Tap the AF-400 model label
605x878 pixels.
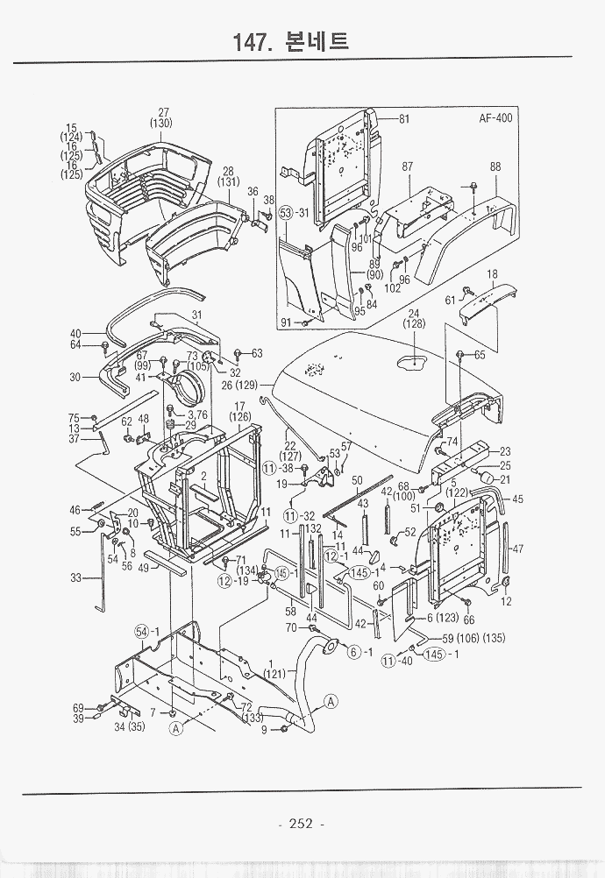495,118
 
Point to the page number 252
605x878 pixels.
301,823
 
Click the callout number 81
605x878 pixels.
404,119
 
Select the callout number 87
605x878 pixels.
408,166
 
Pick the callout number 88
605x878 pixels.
495,166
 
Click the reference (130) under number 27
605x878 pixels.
160,124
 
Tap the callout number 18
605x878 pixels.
492,274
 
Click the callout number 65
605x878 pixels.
480,355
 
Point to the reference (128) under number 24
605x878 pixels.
414,324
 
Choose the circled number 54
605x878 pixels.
141,632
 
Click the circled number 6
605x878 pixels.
354,652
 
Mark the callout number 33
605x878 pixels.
75,578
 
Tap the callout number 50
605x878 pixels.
357,480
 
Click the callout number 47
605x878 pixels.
518,549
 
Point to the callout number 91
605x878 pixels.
286,322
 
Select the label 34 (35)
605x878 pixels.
132,726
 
